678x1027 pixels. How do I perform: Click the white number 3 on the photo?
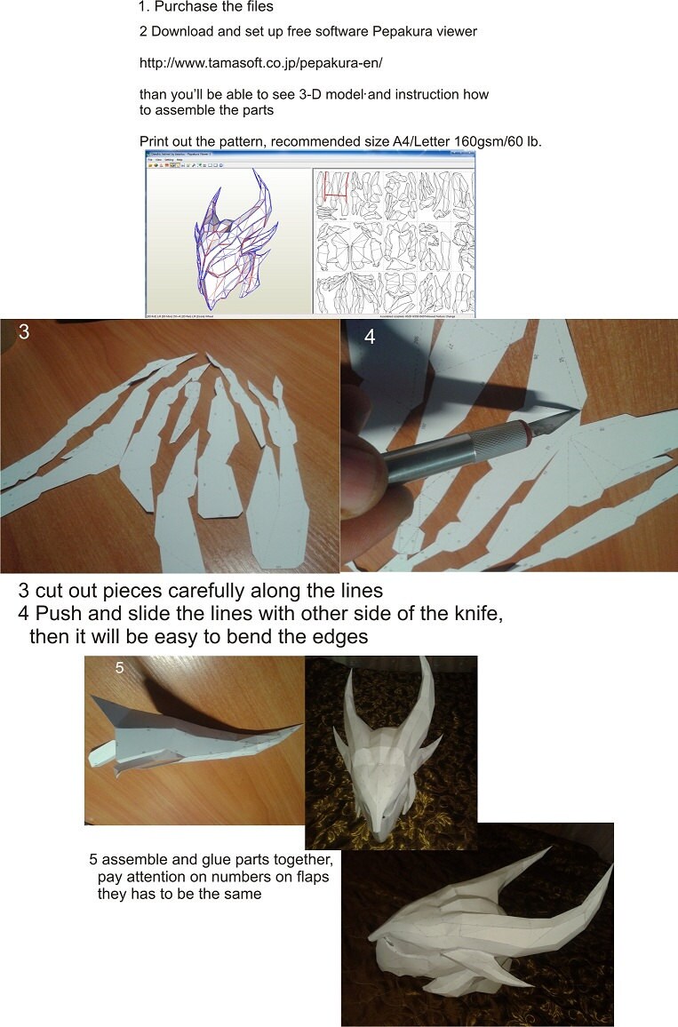pyautogui.click(x=24, y=332)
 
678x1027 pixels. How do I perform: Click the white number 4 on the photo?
pyautogui.click(x=370, y=338)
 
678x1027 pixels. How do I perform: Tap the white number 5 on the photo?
pyautogui.click(x=119, y=667)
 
